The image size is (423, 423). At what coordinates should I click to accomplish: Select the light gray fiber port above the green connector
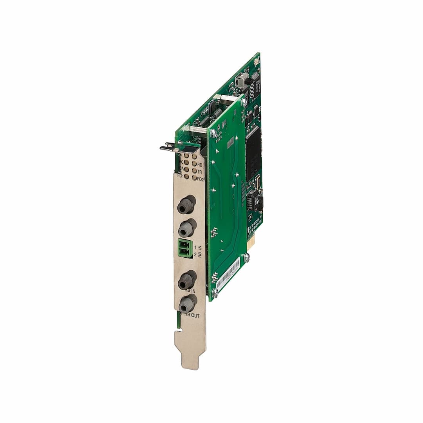point(187,228)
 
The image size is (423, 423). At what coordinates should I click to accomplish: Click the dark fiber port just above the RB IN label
point(186,280)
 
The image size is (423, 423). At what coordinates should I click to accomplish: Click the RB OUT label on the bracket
point(192,315)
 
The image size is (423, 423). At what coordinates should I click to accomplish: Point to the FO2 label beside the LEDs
point(200,179)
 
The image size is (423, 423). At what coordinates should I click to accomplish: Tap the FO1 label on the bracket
point(180,176)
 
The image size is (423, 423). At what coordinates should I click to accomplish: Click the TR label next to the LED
point(200,172)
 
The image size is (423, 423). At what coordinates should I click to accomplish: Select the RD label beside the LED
point(200,164)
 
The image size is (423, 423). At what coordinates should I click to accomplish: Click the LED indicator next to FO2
point(194,178)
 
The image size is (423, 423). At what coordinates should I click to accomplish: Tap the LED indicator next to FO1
point(186,176)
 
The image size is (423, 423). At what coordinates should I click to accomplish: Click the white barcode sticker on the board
point(228,274)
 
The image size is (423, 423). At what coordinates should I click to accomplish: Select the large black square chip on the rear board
point(253,153)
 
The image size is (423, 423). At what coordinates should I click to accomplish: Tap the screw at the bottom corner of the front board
point(215,292)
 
